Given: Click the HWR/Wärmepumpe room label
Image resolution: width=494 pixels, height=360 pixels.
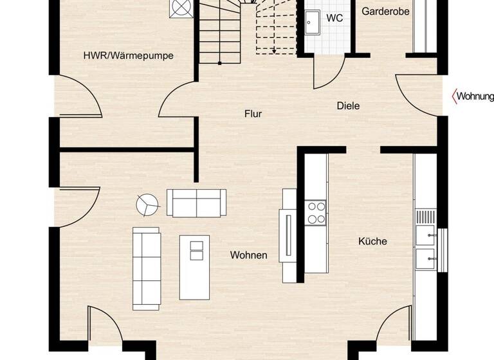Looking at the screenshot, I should click(x=128, y=56).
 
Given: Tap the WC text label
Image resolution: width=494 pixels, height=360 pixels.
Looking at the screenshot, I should click(x=334, y=18).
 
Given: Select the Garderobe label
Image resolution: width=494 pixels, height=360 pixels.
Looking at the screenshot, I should click(x=385, y=12).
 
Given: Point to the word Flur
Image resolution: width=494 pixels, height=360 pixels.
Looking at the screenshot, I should click(x=253, y=114).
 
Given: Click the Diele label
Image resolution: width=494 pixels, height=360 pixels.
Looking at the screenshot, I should click(x=348, y=106).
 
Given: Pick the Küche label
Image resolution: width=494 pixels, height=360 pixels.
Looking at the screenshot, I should click(x=372, y=241).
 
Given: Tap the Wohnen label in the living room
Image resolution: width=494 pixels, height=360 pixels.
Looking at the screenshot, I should click(x=248, y=255).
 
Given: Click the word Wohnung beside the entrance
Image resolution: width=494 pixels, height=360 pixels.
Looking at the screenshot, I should click(x=475, y=96).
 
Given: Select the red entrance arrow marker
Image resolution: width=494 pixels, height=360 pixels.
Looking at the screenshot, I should click(x=453, y=96).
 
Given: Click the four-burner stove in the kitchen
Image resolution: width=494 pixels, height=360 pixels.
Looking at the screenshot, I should click(x=316, y=213).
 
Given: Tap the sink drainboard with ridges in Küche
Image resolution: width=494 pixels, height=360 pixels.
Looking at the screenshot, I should click(x=425, y=216).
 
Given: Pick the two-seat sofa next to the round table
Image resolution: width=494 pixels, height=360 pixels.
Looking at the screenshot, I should click(x=196, y=203).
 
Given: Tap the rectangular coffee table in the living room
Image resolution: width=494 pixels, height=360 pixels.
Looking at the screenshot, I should click(x=194, y=267).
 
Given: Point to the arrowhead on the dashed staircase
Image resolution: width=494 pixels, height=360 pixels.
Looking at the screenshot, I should click(x=275, y=50).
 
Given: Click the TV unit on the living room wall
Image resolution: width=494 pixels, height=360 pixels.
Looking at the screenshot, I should click(x=288, y=235).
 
